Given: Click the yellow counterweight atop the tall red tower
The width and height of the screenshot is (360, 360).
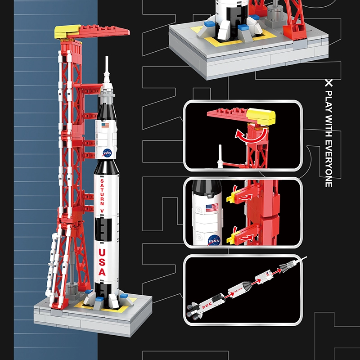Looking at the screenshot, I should [68, 31].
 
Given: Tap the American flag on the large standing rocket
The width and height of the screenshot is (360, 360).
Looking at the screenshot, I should [105, 126].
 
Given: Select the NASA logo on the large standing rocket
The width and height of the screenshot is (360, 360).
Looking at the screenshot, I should [107, 153].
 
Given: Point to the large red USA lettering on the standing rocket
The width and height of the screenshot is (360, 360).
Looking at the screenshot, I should [102, 261].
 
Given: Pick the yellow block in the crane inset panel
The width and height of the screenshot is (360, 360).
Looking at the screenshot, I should [262, 117].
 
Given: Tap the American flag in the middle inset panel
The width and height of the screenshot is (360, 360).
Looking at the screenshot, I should [212, 207].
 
